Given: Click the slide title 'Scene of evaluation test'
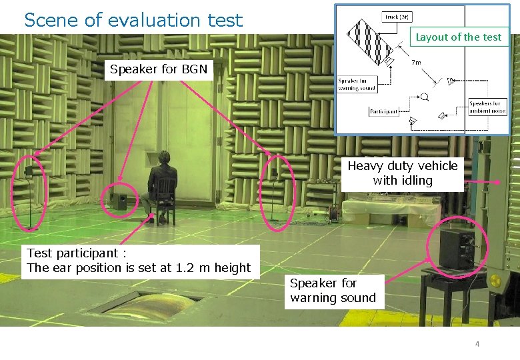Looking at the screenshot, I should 133,20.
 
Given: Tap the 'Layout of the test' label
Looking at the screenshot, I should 458,37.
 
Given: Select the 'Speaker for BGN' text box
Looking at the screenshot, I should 159,69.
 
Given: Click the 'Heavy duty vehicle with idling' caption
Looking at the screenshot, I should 403,173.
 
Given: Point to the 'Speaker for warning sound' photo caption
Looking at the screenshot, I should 333,291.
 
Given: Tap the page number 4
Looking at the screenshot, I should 477,344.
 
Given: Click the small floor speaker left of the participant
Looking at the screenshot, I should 120,201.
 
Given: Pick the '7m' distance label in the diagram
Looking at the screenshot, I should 416,63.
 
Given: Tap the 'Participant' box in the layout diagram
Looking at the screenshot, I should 383,111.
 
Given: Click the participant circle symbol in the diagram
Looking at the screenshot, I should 425,97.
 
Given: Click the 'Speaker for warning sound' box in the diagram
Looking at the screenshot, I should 357,84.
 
